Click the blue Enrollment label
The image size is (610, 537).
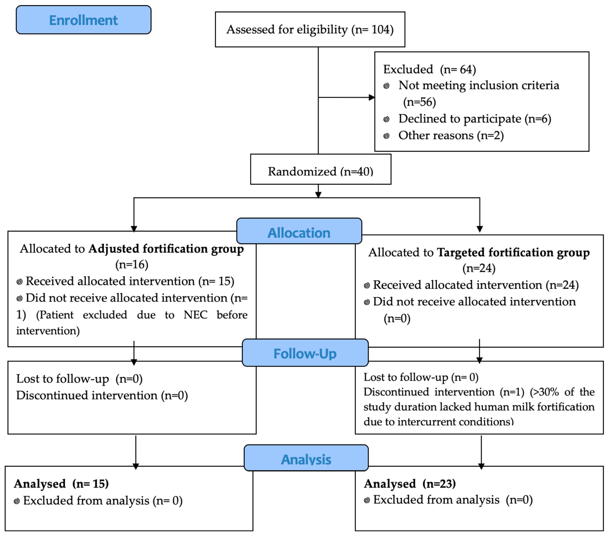83,20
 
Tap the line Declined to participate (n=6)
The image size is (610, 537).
474,119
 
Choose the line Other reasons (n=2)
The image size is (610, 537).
451,135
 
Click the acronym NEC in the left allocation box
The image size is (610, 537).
195,315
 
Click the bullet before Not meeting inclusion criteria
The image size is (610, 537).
386,86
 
